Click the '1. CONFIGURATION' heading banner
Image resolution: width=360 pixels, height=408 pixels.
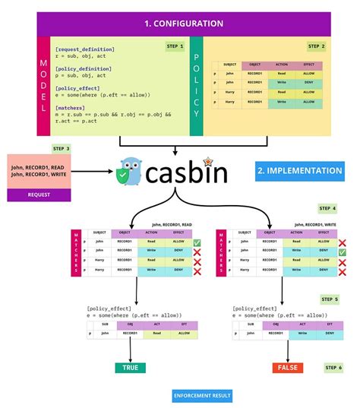click(x=183, y=23)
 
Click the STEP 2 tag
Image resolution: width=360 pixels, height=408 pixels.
click(x=317, y=46)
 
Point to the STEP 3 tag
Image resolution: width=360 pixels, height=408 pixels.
click(x=62, y=147)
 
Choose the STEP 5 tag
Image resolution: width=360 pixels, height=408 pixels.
click(x=329, y=299)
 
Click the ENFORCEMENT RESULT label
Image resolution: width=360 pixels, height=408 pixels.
click(x=201, y=396)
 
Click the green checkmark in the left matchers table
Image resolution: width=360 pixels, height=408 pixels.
click(x=196, y=242)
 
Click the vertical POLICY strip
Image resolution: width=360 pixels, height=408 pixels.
click(x=196, y=84)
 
